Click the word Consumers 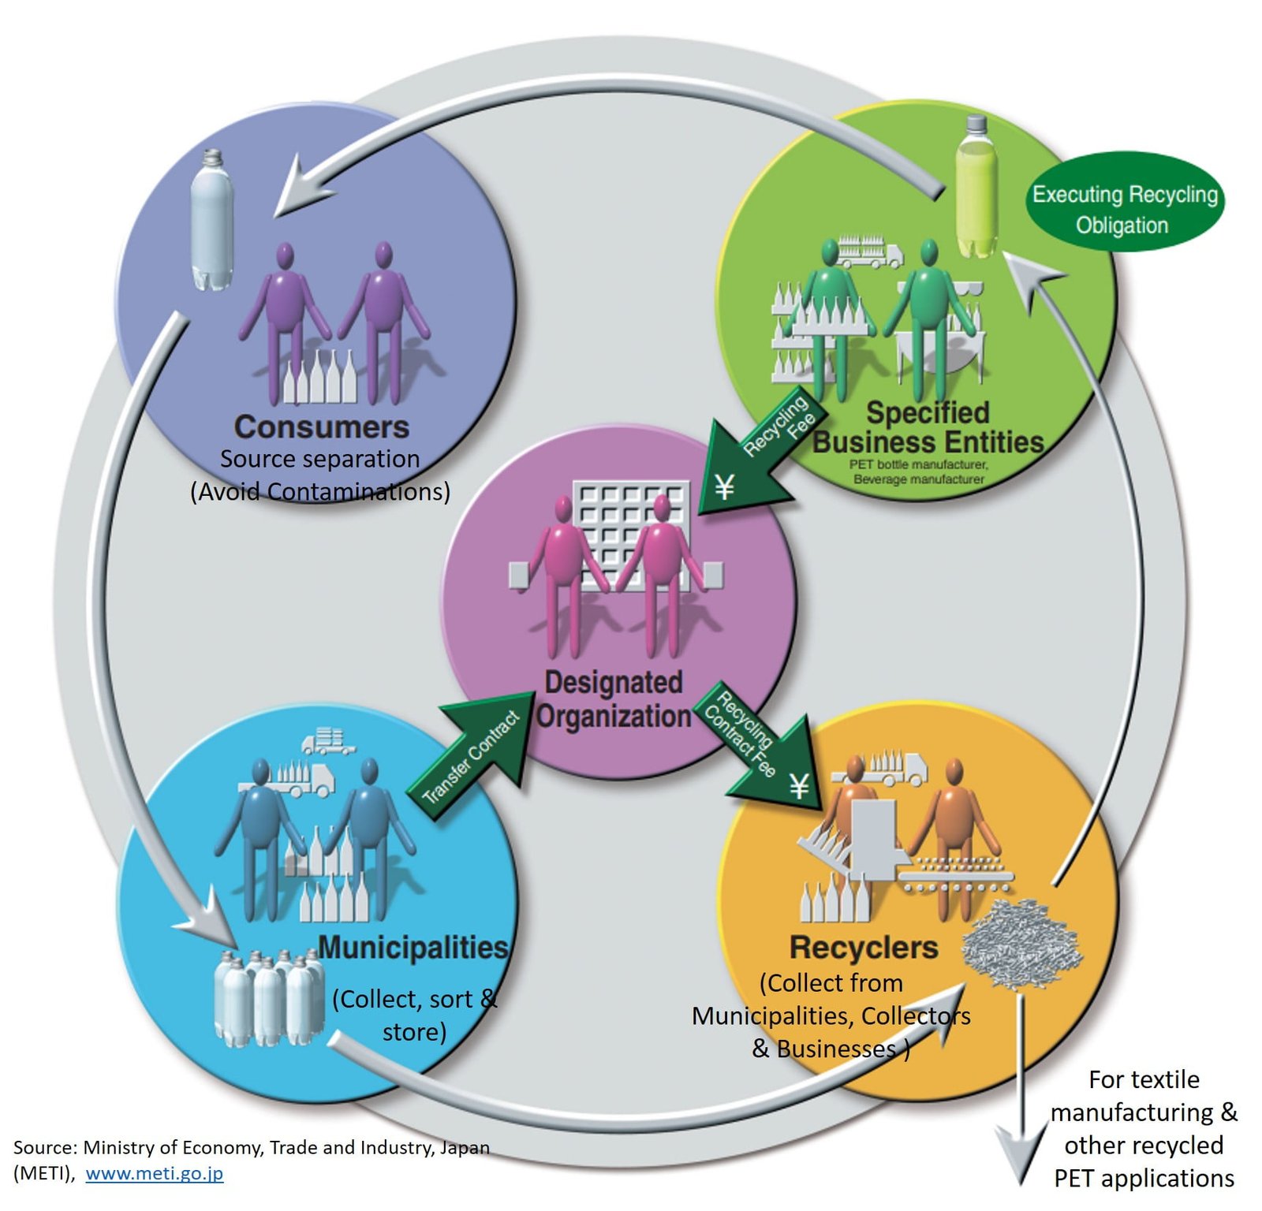coord(321,427)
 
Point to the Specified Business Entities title coord(928,427)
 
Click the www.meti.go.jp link coord(154,1173)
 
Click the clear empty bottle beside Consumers coord(211,221)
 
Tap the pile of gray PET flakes coord(1021,943)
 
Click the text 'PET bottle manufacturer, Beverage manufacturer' coord(918,471)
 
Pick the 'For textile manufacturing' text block coord(1143,1128)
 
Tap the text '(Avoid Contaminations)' coord(319,492)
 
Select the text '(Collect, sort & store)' coord(414,1015)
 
